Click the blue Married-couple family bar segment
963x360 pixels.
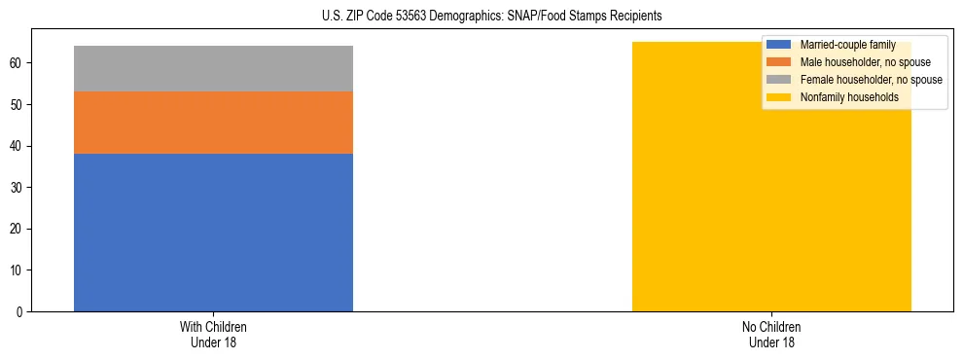click(213, 233)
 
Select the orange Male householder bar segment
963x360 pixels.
click(213, 123)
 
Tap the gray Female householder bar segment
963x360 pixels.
click(213, 68)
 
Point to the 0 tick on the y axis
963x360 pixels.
click(20, 312)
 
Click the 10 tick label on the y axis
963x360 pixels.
click(18, 270)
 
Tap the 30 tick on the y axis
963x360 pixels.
click(18, 188)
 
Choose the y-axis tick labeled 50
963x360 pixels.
click(18, 105)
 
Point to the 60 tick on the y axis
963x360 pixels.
click(18, 63)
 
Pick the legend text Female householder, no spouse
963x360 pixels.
click(870, 80)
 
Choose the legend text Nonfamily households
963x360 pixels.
click(849, 97)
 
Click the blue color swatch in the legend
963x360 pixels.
click(779, 45)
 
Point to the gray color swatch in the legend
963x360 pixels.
click(779, 80)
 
